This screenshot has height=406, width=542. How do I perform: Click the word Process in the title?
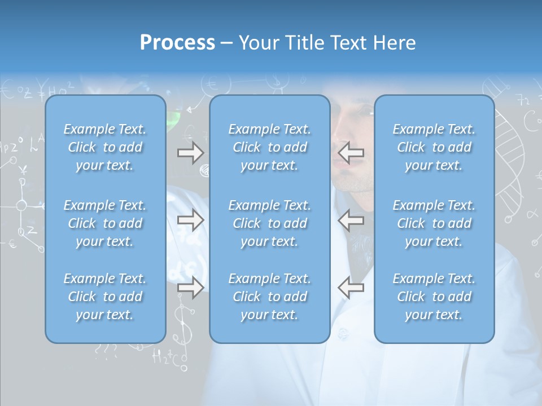(x=177, y=42)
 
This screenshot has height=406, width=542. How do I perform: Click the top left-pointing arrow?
(x=351, y=153)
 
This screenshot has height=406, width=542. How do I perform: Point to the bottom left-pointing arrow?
(x=351, y=288)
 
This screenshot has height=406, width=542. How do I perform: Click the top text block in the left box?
(x=105, y=147)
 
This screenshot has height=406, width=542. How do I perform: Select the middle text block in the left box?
(x=105, y=223)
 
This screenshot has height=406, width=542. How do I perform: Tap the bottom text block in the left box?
(x=105, y=297)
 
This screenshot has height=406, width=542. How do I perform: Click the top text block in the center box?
(x=269, y=147)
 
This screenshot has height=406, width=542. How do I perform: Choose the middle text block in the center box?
(x=269, y=223)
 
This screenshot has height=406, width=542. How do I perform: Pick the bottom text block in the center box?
(x=269, y=297)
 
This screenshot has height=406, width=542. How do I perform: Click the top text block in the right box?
(x=434, y=147)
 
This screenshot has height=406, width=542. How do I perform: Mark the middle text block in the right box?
(x=434, y=223)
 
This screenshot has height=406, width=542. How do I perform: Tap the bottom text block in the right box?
(x=434, y=297)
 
